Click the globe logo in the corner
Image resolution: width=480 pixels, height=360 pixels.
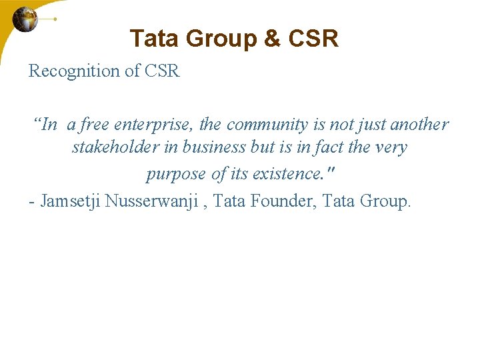pos(25,19)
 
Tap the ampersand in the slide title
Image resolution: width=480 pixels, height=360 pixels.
pos(272,39)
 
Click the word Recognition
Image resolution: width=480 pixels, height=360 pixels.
pos(74,71)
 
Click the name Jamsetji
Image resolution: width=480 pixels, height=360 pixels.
pos(70,201)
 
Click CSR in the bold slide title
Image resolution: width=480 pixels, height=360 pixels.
pos(313,39)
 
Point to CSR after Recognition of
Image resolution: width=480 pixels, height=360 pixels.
pos(161,71)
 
